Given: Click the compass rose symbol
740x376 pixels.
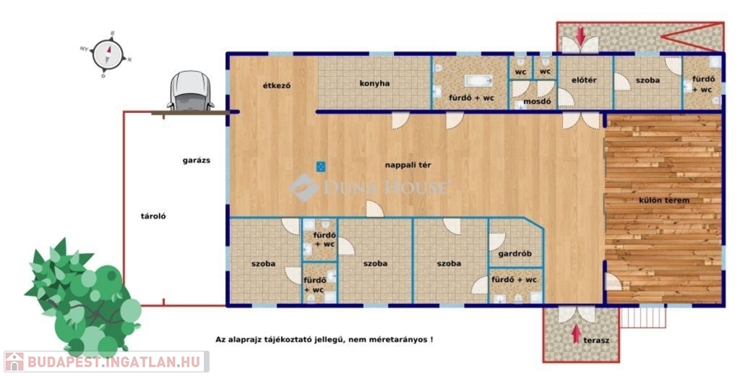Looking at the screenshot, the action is pos(107,54).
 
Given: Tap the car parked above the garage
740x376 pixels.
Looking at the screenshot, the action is pos(191,91).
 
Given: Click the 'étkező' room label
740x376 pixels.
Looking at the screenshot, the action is pos(277,85).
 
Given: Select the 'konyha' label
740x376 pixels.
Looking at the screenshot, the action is pos(375,83).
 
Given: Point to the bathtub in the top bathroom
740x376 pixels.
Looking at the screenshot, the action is pos(478,81).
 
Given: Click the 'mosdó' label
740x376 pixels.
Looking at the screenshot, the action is pos(537,101).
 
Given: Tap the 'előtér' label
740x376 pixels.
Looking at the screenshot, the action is pos(584,80).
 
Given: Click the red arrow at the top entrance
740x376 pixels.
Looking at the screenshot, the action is pos(580,35).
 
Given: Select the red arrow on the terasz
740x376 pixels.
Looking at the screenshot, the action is pos(576,334).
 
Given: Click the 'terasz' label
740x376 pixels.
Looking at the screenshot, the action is pos(596,340).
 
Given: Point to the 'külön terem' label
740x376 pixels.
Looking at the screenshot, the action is pos(664,200).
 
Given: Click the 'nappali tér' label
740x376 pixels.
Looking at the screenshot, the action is pos(408,165).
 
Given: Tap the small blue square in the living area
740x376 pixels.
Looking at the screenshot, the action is pos(320,166).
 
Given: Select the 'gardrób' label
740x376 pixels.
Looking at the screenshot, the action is pos(515,254).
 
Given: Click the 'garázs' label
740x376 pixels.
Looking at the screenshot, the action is pos(197,161).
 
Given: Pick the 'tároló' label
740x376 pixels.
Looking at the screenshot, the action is pos(153,216).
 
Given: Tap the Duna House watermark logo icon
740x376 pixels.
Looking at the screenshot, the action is pos(304,187).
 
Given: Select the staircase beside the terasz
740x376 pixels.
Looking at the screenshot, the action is pos(642,317).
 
